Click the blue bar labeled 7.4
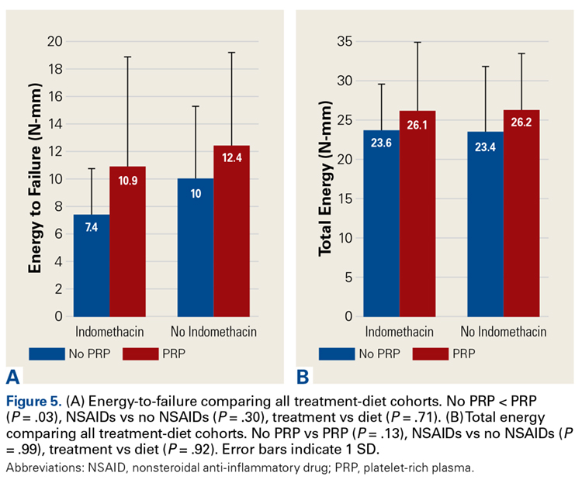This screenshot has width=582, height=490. (92, 265)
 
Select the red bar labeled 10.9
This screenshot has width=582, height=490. (127, 241)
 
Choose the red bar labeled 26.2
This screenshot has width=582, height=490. (521, 213)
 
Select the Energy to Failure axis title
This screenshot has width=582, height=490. (35, 179)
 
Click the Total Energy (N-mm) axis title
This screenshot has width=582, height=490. (326, 179)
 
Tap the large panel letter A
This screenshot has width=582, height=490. (13, 378)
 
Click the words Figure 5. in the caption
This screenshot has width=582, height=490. (34, 401)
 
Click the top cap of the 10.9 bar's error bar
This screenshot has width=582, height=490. (127, 57)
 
